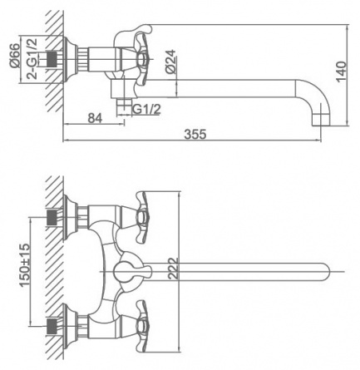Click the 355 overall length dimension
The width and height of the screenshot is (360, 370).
pyautogui.click(x=195, y=134)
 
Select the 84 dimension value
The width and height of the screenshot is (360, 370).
pyautogui.click(x=95, y=118)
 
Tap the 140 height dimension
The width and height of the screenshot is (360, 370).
pyautogui.click(x=341, y=72)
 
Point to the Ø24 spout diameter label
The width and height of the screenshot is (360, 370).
pyautogui.click(x=170, y=62)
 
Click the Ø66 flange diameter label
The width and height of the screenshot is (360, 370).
pyautogui.click(x=15, y=56)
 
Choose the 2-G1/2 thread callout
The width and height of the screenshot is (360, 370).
pyautogui.click(x=32, y=59)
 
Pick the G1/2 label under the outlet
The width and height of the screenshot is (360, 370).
pyautogui.click(x=146, y=109)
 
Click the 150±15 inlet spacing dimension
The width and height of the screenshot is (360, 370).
pyautogui.click(x=24, y=264)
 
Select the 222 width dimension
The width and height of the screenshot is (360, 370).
pyautogui.click(x=173, y=269)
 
